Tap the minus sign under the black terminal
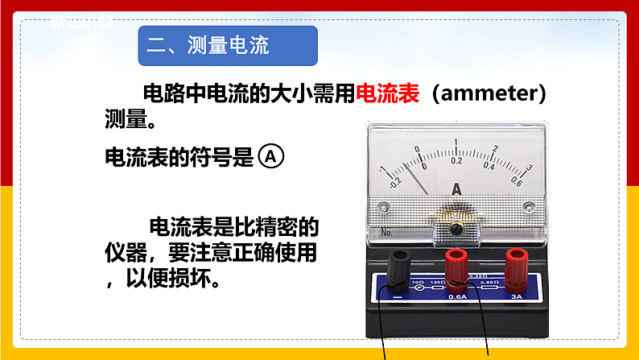[399, 297]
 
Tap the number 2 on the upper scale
[495, 150]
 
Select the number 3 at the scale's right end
[529, 168]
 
